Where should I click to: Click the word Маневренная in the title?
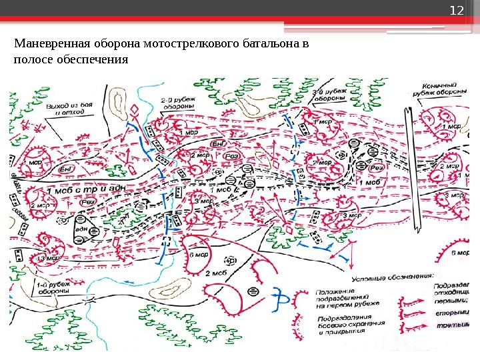46,44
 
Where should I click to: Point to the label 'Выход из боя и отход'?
73,109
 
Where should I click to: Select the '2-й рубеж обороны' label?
178,103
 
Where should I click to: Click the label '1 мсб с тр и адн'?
87,191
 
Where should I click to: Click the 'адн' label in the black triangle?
84,229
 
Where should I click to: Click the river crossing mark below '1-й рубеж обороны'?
87,301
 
